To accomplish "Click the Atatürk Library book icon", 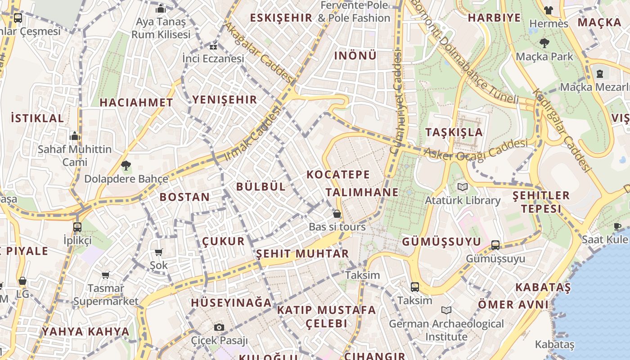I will click(x=462, y=187).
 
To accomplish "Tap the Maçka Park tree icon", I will click(x=544, y=43).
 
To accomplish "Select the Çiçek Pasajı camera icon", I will click(x=219, y=327).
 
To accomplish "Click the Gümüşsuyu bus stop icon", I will click(x=495, y=245).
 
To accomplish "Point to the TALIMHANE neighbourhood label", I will click(x=362, y=193).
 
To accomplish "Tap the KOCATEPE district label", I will click(x=338, y=175).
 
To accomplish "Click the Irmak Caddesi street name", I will click(x=253, y=134).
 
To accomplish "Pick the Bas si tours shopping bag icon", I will click(x=337, y=214).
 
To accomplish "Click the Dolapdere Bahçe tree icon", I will click(x=126, y=166).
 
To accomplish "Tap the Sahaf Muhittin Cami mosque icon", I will click(x=75, y=136).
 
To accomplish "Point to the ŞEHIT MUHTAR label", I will click(x=302, y=254).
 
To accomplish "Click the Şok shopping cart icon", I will click(x=158, y=252).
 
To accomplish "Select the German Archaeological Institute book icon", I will click(x=446, y=310).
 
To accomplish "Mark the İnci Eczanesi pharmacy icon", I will click(x=213, y=46).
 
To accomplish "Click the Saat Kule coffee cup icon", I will click(x=617, y=226).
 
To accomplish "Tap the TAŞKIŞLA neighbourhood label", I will click(x=454, y=132).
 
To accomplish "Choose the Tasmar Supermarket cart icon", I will click(x=105, y=275).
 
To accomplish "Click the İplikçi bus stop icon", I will click(x=77, y=227).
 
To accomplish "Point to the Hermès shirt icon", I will click(x=548, y=10).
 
